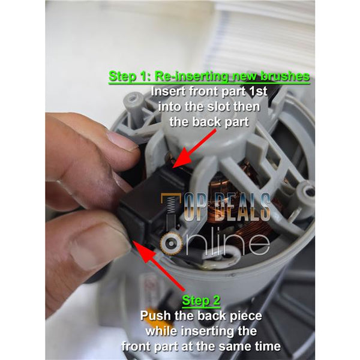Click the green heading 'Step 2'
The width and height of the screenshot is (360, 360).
coord(201,301)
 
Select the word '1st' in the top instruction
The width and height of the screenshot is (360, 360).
coord(258,91)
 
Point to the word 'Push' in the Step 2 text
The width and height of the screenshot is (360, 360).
coord(155,316)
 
